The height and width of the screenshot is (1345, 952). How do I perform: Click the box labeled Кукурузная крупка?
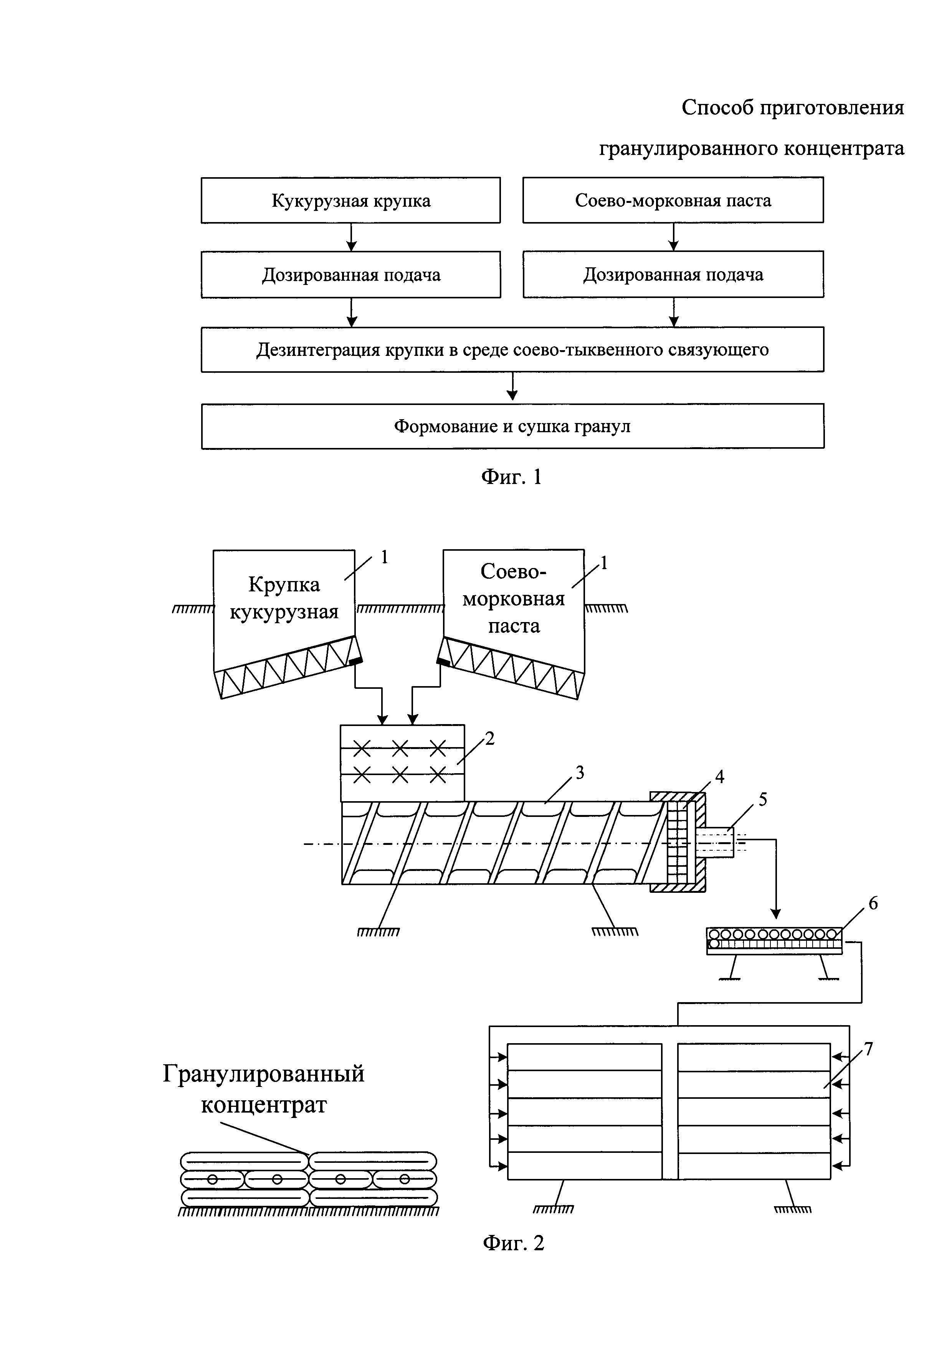pos(350,200)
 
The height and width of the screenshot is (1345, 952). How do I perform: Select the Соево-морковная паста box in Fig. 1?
pos(673,200)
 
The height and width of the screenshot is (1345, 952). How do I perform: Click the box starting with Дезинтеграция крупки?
pos(512,350)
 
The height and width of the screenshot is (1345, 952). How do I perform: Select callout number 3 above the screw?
pos(580,773)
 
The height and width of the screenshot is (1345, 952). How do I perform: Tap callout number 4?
pos(720,777)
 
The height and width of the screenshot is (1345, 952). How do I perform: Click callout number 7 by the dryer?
pos(869,1049)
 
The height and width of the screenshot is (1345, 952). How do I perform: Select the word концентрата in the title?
pos(843,148)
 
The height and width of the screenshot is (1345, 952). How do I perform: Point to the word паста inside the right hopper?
pos(514,626)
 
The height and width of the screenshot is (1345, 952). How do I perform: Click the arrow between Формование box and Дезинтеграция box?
pos(512,387)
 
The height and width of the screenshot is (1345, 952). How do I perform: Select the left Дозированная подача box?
pos(350,275)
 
